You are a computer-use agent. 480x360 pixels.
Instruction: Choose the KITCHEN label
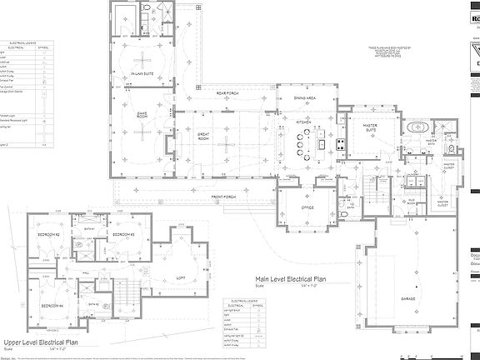coord(303,121)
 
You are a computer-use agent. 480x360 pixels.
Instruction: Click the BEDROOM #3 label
coord(123,236)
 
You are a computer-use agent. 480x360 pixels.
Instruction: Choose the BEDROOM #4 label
coord(52,306)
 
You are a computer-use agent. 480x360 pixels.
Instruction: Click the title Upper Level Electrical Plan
coord(41,342)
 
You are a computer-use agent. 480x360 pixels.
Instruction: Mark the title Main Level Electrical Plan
coord(293,281)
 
